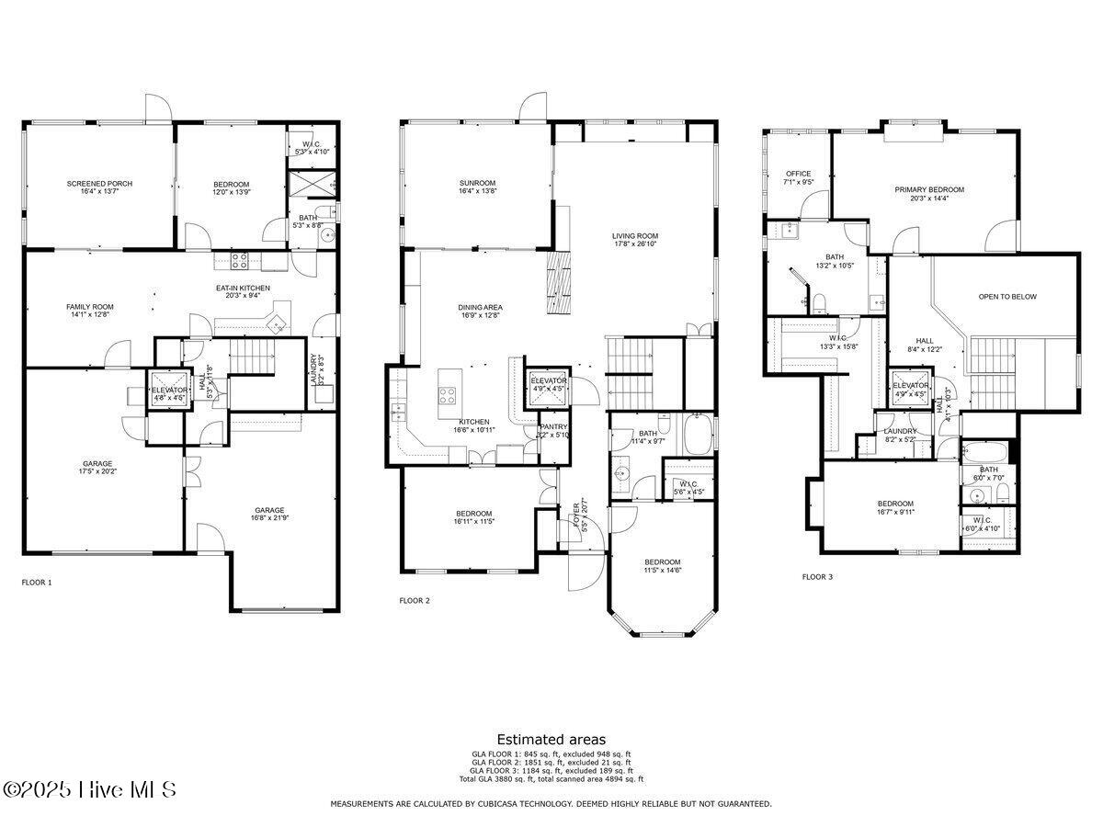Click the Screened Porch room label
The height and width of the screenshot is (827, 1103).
click(x=99, y=184)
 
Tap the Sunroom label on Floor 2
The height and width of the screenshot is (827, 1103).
click(x=477, y=182)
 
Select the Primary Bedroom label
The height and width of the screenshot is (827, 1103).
click(x=929, y=190)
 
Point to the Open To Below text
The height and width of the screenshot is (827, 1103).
click(x=1007, y=297)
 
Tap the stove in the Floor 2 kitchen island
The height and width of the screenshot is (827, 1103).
click(x=448, y=395)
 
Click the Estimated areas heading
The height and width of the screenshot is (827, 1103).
click(x=551, y=739)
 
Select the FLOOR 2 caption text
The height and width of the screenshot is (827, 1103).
click(x=415, y=600)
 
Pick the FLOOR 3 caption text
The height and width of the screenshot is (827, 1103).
click(x=817, y=577)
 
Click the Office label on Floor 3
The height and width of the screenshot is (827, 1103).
click(x=798, y=174)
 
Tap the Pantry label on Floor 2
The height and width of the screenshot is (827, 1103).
click(x=553, y=427)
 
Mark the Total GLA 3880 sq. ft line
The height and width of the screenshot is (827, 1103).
click(x=551, y=779)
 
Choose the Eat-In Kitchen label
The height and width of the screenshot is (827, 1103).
click(x=242, y=289)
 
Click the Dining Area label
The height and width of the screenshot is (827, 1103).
click(x=480, y=307)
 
